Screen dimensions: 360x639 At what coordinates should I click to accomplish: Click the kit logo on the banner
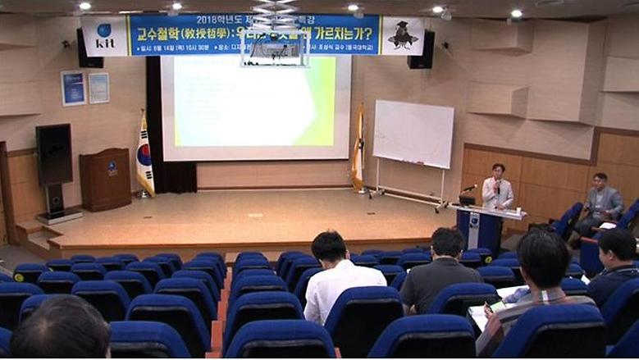(104, 36)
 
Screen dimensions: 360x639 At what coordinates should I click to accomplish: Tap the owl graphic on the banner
(403, 35)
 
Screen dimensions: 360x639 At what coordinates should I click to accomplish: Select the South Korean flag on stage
(145, 156)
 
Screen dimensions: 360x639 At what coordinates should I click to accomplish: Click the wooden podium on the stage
(104, 179)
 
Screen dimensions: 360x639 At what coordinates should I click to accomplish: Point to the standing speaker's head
(498, 170)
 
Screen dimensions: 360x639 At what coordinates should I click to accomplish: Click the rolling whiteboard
(413, 135)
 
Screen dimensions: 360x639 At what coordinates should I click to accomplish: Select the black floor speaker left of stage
(54, 155)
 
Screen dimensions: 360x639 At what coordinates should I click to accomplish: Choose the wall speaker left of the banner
(89, 49)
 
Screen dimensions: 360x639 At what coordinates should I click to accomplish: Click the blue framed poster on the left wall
(73, 89)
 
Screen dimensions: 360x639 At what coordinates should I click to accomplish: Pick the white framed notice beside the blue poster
(98, 88)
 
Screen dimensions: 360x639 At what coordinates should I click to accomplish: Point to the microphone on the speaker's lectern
(468, 189)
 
